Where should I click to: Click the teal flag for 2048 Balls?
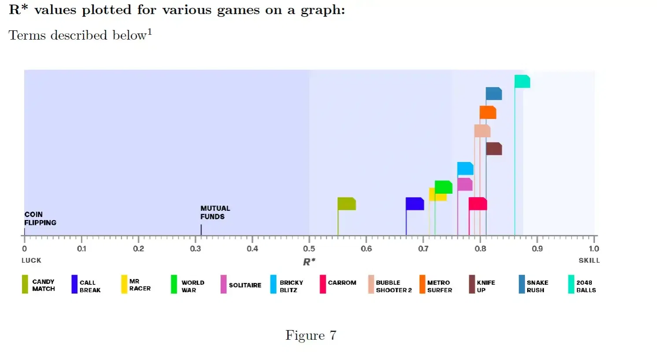point(522,81)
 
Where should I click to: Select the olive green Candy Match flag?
point(347,204)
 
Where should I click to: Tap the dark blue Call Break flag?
point(415,204)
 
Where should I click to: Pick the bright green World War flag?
point(443,187)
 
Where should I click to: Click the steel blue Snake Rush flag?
point(494,94)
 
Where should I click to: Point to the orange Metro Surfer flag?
point(488,113)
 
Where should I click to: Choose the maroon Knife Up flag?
point(494,149)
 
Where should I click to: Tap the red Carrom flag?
point(478,204)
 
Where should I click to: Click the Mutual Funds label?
point(215,213)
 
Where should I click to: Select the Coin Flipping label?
point(40,218)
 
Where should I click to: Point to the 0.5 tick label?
point(309,249)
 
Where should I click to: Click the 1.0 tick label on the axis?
point(594,249)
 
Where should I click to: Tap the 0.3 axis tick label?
point(196,249)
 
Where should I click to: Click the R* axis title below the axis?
point(309,262)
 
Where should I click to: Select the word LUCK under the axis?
point(31,261)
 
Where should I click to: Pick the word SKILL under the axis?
point(589,261)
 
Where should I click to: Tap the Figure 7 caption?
point(311,335)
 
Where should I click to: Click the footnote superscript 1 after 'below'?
point(150,32)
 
